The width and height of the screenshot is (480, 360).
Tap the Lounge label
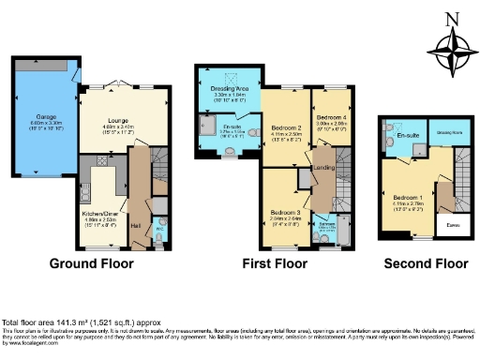[x=118, y=121]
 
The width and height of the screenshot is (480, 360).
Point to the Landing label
[x=323, y=169]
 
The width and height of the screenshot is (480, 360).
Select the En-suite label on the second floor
[x=407, y=137]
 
